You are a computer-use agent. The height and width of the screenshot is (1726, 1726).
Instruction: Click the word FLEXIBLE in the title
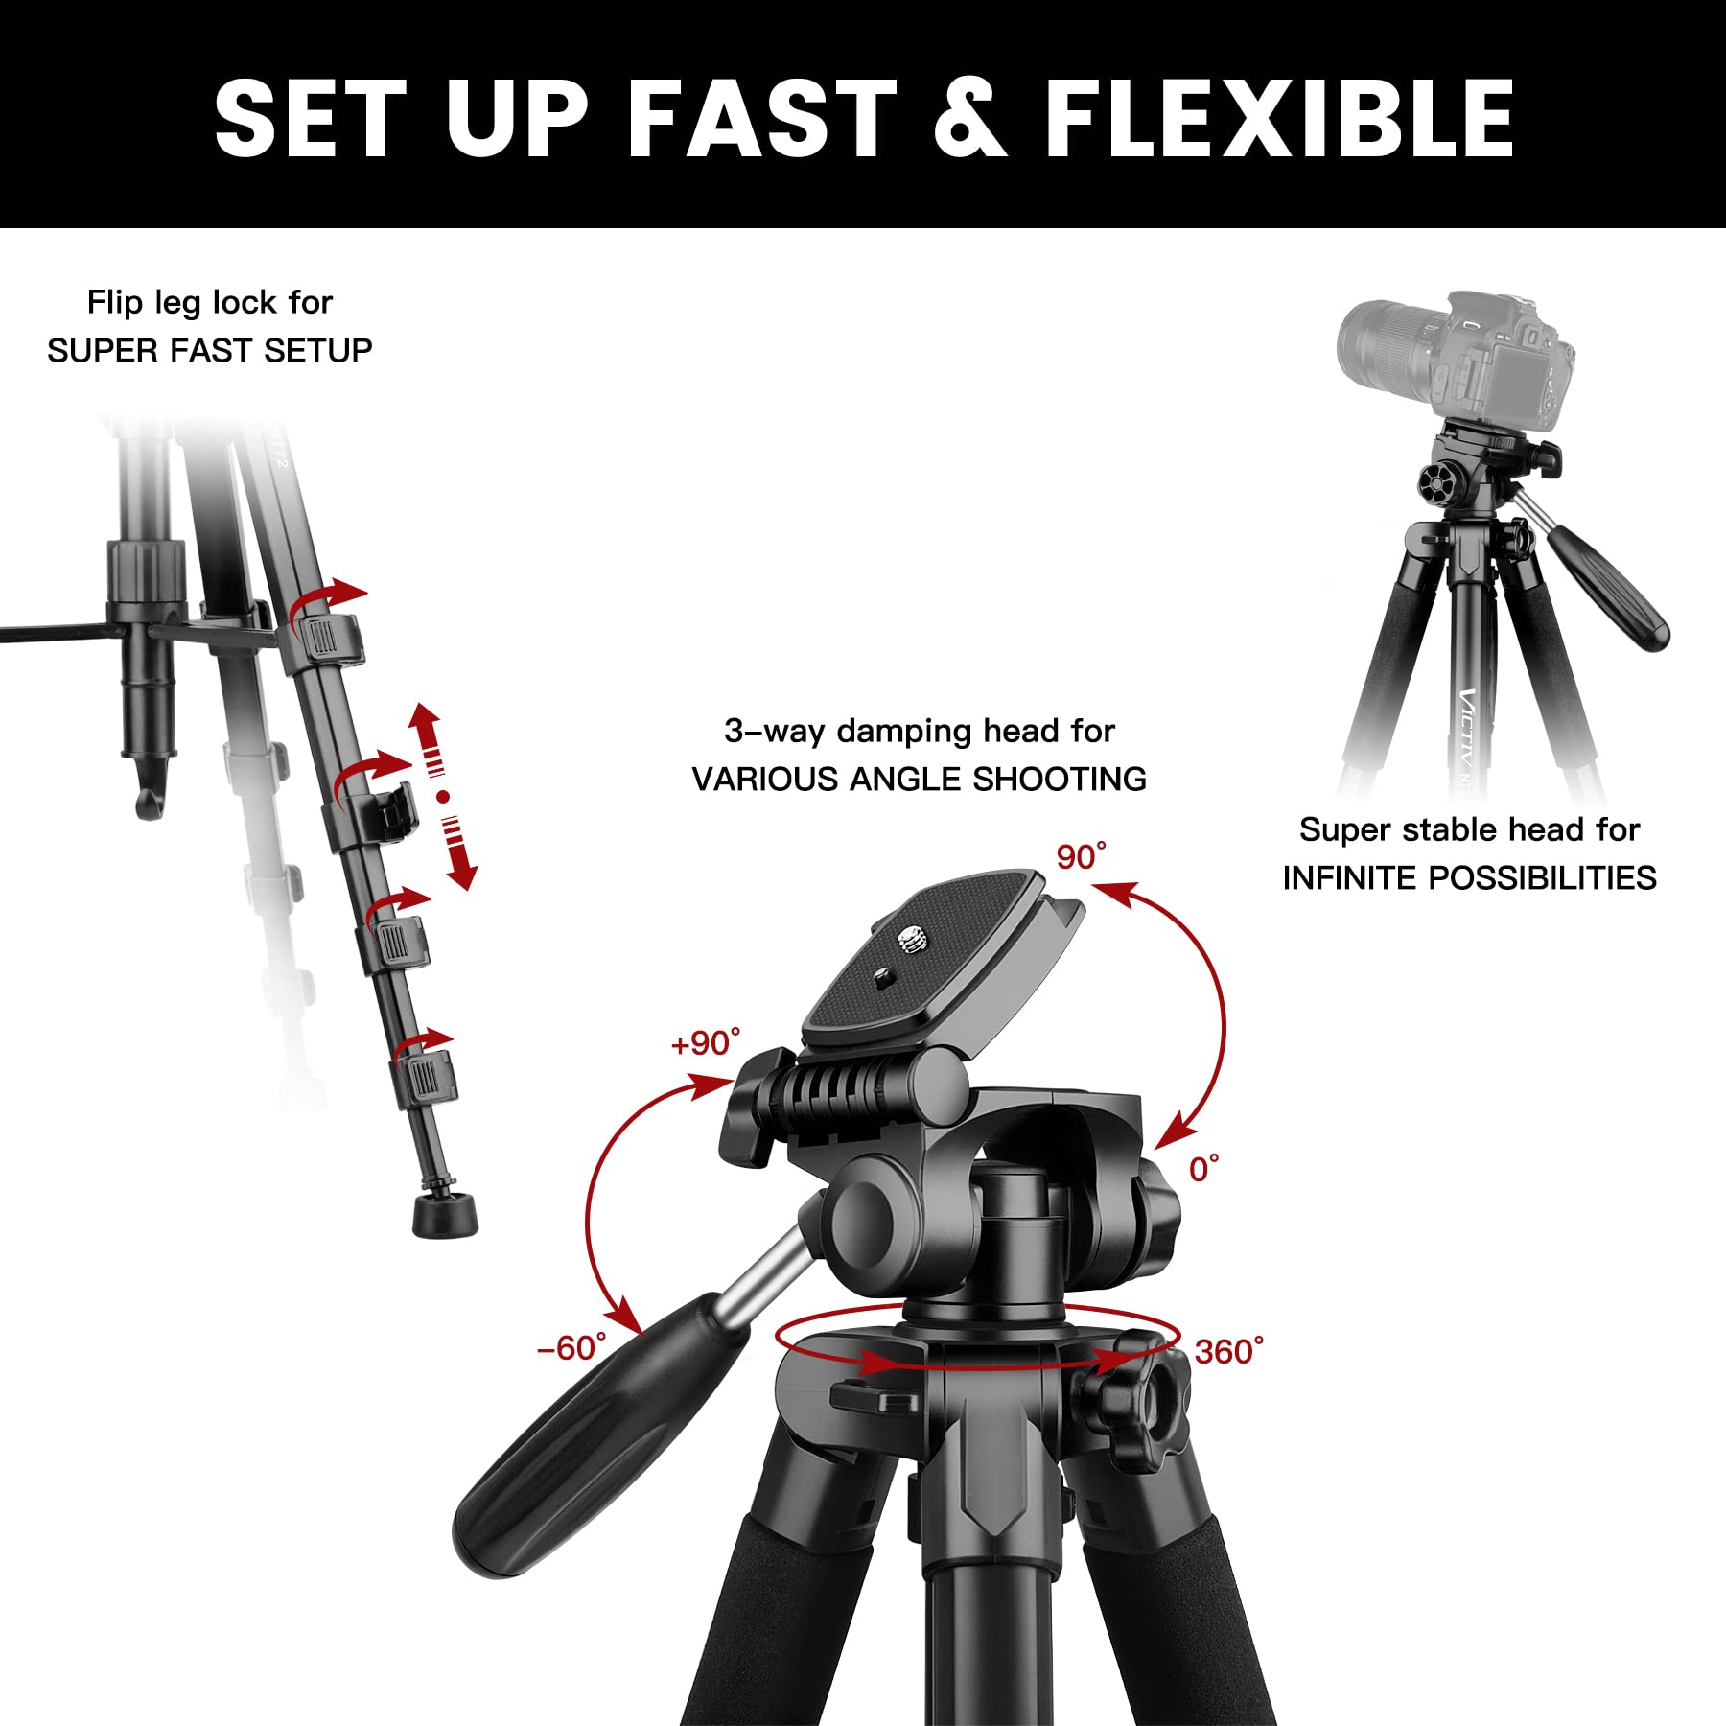[1279, 118]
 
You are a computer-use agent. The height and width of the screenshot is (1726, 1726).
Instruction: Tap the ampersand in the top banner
[970, 118]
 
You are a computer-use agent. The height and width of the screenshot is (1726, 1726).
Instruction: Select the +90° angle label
[706, 1043]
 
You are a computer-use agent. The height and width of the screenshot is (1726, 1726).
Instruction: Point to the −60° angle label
[571, 1348]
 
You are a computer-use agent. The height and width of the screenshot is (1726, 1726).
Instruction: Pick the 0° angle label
[1204, 1169]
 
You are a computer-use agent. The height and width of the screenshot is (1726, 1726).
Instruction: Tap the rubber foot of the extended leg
[445, 1215]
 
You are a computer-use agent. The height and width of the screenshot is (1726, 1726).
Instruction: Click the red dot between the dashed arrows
[442, 796]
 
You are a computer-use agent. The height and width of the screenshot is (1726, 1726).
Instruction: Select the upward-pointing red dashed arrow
[428, 738]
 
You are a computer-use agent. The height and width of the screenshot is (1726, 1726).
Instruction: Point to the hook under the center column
[150, 801]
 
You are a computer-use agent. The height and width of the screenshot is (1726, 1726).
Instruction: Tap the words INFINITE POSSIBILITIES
[1469, 877]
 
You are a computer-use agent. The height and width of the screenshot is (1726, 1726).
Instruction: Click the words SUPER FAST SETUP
[210, 351]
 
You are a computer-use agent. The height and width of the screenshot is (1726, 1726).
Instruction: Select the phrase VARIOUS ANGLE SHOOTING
[919, 779]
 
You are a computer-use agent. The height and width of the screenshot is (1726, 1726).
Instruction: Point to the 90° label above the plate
[1082, 856]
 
